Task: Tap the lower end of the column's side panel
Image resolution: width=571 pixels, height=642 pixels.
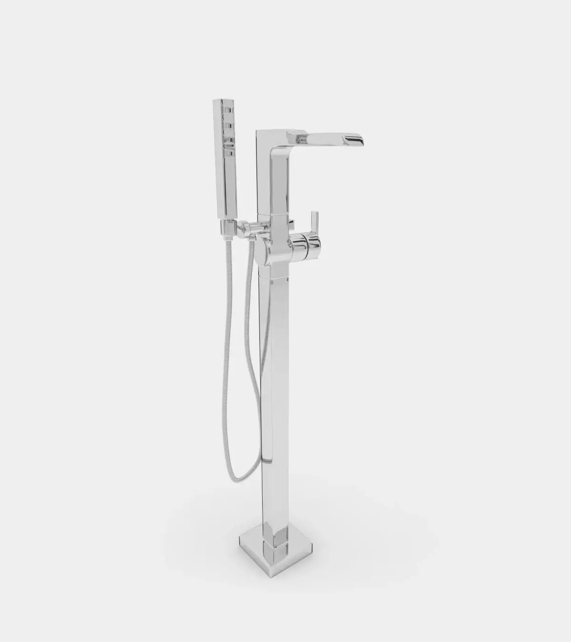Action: pos(266,459)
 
